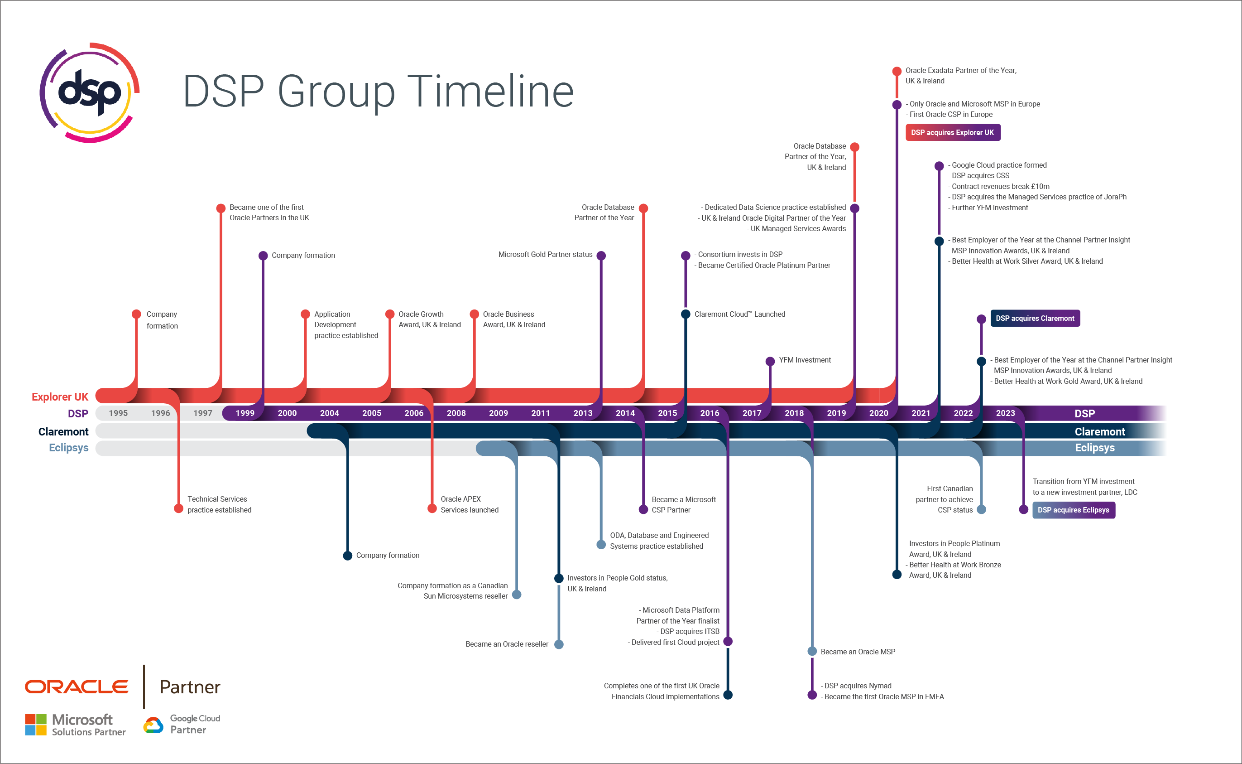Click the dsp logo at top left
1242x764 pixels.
pyautogui.click(x=89, y=92)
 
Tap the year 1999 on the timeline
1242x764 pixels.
pyautogui.click(x=245, y=413)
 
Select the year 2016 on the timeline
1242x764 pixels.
pyautogui.click(x=710, y=413)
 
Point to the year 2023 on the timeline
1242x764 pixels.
pyautogui.click(x=1005, y=413)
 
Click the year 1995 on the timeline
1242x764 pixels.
pyautogui.click(x=118, y=413)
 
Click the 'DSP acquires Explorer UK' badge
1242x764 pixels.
pyautogui.click(x=952, y=132)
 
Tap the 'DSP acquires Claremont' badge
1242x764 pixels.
pyautogui.click(x=1035, y=318)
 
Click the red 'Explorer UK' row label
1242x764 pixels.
pyautogui.click(x=60, y=397)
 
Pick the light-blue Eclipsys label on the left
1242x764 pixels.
pyautogui.click(x=68, y=448)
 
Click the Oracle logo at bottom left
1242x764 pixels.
pyautogui.click(x=76, y=687)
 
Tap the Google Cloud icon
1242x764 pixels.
pyautogui.click(x=153, y=725)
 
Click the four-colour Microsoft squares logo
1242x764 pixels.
pyautogui.click(x=35, y=725)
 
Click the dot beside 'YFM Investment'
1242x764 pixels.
pyautogui.click(x=770, y=361)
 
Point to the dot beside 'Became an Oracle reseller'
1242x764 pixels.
pyautogui.click(x=559, y=644)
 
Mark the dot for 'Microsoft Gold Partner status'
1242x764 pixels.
pyautogui.click(x=601, y=256)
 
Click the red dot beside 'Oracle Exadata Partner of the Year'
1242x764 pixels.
pyautogui.click(x=897, y=71)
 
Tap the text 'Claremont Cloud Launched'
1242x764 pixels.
pyautogui.click(x=740, y=314)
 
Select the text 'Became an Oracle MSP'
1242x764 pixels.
pyautogui.click(x=858, y=652)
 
